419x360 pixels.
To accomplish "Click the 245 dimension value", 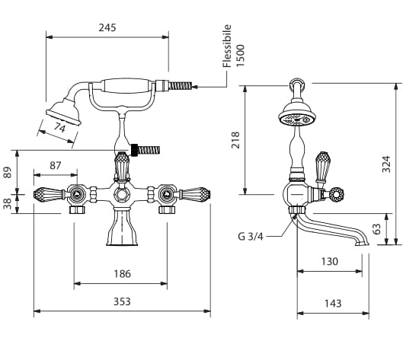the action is [107, 27].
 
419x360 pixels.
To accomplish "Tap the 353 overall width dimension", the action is [122, 301].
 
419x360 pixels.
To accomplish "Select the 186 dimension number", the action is [123, 274].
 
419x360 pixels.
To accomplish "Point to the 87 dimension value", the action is [56, 166].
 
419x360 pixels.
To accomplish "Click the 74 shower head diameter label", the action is [59, 127].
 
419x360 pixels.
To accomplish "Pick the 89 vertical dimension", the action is [8, 172].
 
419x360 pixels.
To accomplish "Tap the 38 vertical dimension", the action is [8, 203].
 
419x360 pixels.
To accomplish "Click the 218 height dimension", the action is [235, 140].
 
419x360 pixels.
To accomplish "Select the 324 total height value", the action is [386, 164].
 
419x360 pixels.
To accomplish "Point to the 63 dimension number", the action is [376, 229].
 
